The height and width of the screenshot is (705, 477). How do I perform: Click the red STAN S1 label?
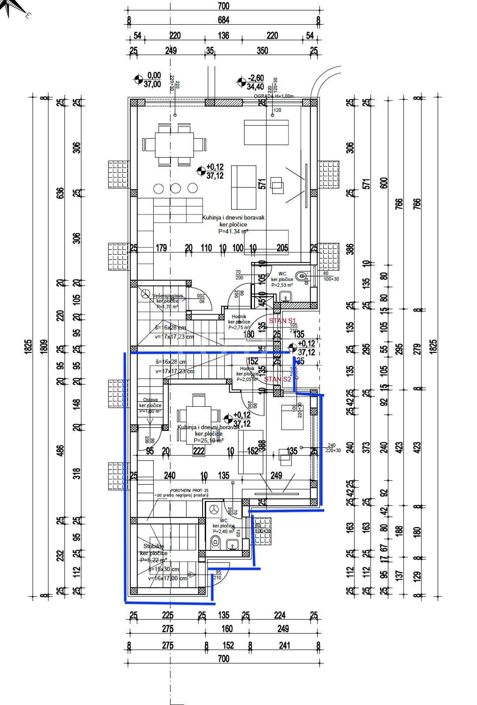[282, 320]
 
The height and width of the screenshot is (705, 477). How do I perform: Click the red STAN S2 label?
[277, 379]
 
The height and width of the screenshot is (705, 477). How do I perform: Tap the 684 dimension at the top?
[223, 20]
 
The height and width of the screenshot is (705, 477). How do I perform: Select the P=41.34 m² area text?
[233, 231]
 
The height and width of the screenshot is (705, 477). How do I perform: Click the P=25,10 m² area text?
[209, 440]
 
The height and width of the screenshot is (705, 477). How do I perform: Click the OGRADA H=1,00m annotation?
[273, 96]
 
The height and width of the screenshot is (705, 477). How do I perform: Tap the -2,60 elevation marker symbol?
[241, 82]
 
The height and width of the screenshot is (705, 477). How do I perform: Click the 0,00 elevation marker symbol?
[138, 80]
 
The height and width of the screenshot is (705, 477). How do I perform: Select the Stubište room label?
[153, 546]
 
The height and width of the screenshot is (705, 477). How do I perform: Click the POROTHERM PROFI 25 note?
[190, 490]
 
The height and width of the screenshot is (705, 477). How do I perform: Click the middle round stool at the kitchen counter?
[175, 189]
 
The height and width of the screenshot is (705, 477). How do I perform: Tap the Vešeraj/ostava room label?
[167, 296]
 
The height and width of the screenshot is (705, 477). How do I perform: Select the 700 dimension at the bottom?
[223, 659]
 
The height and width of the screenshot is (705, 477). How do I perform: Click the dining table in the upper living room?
[174, 145]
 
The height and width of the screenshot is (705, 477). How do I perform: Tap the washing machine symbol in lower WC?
[214, 509]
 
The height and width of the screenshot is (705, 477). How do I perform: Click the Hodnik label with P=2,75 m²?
[237, 317]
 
